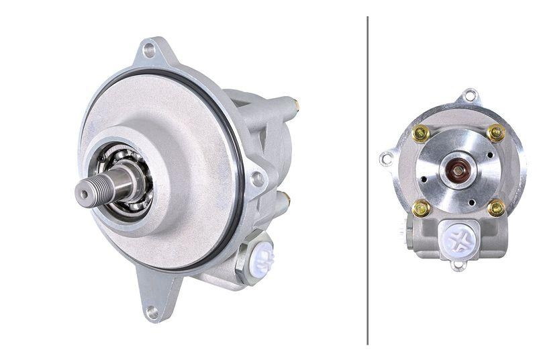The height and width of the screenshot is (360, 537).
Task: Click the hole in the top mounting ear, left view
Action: [148, 50]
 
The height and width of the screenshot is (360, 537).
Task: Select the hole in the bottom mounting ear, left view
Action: [152, 311]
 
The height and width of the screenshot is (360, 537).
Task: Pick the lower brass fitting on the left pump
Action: [285, 197]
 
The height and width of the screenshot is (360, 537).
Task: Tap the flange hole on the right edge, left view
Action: [256, 179]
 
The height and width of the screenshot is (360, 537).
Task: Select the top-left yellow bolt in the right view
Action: [422, 134]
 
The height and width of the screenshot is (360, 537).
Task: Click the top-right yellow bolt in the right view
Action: [495, 133]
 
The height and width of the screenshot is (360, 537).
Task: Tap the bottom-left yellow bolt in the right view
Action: [422, 208]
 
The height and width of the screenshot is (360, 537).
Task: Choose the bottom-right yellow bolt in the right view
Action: [496, 208]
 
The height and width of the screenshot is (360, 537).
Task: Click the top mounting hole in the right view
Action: [470, 95]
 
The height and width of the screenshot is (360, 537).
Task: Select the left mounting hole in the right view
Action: [387, 159]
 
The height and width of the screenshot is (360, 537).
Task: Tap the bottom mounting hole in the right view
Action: [459, 265]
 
